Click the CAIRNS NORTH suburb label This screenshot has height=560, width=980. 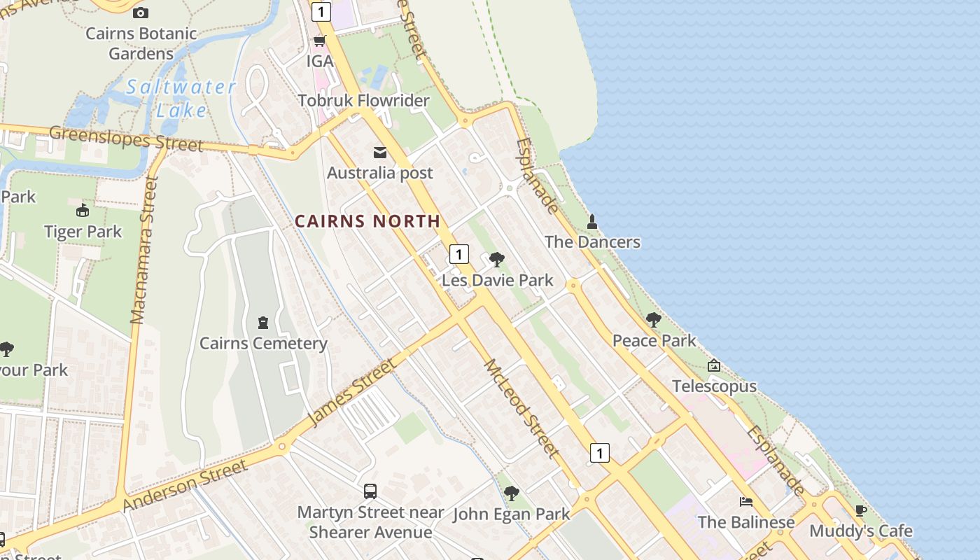tap(367, 221)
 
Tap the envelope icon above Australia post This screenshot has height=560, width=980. tap(380, 153)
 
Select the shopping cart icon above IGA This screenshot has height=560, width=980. tap(320, 41)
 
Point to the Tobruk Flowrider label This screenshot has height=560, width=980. tap(363, 101)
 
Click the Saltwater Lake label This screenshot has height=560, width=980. tap(181, 98)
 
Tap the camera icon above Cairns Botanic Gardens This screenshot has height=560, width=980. tap(141, 13)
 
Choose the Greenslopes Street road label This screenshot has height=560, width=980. tap(126, 138)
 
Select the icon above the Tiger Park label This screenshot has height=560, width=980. tap(83, 211)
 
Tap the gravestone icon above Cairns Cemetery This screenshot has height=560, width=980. tap(263, 323)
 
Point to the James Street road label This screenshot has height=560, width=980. tap(351, 392)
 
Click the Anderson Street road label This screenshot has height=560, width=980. tap(185, 485)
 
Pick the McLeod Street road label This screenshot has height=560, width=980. tap(521, 408)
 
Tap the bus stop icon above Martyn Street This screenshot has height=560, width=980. tap(370, 491)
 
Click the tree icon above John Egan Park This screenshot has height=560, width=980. tap(512, 493)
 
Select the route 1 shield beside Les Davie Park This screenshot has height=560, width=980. tap(458, 253)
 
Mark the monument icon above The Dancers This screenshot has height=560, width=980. tap(592, 222)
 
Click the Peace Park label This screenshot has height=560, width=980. tap(654, 341)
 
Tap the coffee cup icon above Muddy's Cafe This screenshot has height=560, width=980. tap(861, 510)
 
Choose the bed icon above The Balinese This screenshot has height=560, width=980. tap(746, 502)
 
